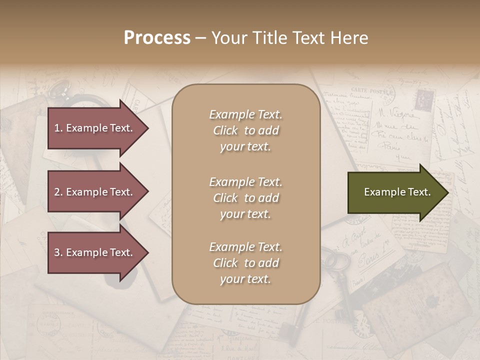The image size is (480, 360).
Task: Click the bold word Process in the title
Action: tap(157, 38)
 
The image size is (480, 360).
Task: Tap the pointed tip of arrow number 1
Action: tap(147, 128)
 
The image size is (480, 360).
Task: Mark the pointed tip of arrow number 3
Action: tap(147, 252)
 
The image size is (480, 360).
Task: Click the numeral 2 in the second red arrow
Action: tap(56, 192)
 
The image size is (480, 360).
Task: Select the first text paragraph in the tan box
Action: tap(245, 130)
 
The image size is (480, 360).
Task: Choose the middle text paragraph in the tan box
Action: tap(245, 198)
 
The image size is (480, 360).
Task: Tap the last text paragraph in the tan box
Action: tap(245, 263)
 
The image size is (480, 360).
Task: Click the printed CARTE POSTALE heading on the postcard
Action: tap(380, 91)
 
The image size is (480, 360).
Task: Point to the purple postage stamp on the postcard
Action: tap(423, 99)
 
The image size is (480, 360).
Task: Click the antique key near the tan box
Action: tap(340, 280)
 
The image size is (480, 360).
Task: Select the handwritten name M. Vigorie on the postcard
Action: tap(395, 114)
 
